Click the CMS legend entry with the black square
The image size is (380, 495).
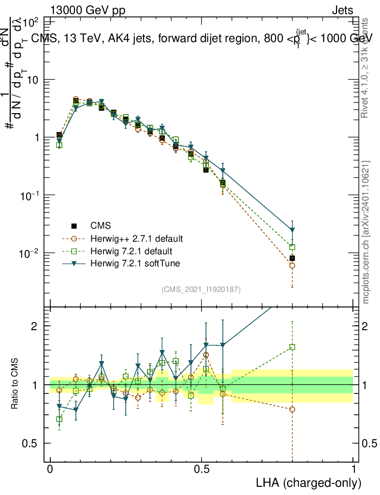pyautogui.click(x=100, y=226)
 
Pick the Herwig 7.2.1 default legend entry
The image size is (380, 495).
pyautogui.click(x=131, y=251)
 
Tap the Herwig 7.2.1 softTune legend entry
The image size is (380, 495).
pyautogui.click(x=134, y=263)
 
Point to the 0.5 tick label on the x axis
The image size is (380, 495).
pyautogui.click(x=202, y=469)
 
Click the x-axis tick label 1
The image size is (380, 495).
pyautogui.click(x=353, y=469)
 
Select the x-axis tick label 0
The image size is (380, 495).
pyautogui.click(x=50, y=469)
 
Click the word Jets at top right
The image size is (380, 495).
pyautogui.click(x=342, y=11)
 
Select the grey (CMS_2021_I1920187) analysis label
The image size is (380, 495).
pyautogui.click(x=201, y=289)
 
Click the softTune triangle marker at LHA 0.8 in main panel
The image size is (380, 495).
pyautogui.click(x=292, y=230)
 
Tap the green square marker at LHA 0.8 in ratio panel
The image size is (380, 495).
pyautogui.click(x=292, y=347)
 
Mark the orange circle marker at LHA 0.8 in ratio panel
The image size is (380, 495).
pyautogui.click(x=292, y=409)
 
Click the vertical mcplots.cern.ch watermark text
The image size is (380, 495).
pyautogui.click(x=366, y=232)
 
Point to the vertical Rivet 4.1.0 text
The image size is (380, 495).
pyautogui.click(x=366, y=68)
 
